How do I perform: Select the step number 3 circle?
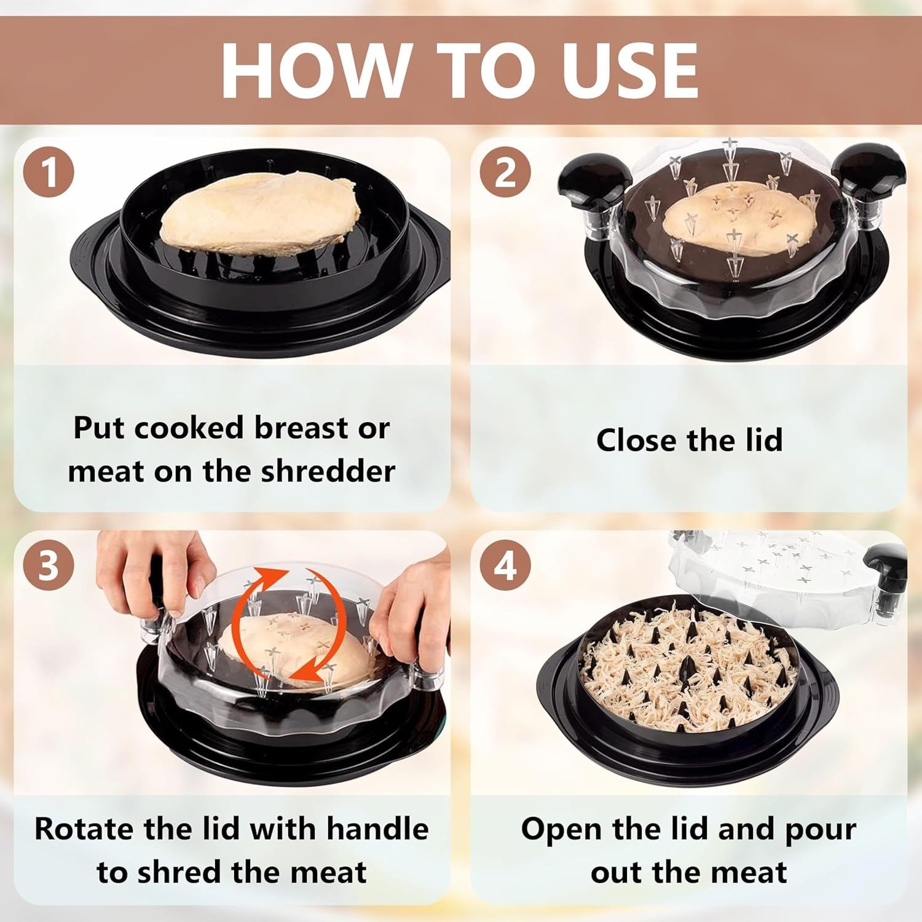49,566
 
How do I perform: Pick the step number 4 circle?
504,566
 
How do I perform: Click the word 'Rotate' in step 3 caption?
84,829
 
